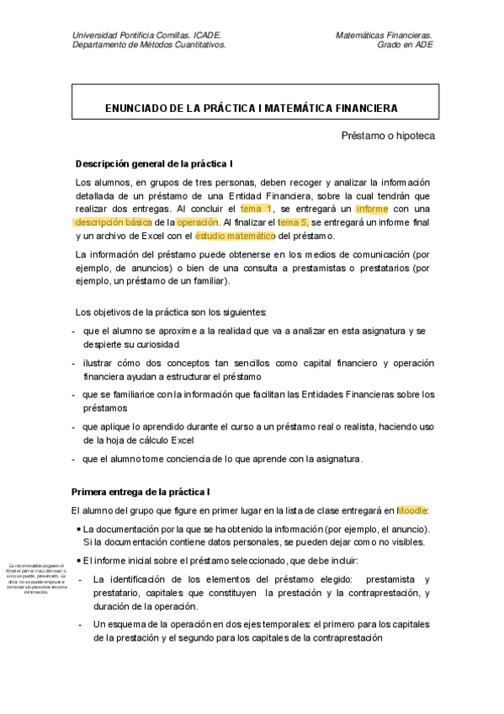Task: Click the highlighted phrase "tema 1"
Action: [256, 208]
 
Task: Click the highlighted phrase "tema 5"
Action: [293, 221]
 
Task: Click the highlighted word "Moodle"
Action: [411, 510]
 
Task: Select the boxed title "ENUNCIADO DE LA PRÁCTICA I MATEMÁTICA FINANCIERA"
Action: [252, 108]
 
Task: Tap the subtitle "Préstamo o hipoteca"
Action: [387, 136]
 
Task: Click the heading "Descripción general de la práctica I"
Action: [154, 163]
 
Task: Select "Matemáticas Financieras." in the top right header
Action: [384, 35]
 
